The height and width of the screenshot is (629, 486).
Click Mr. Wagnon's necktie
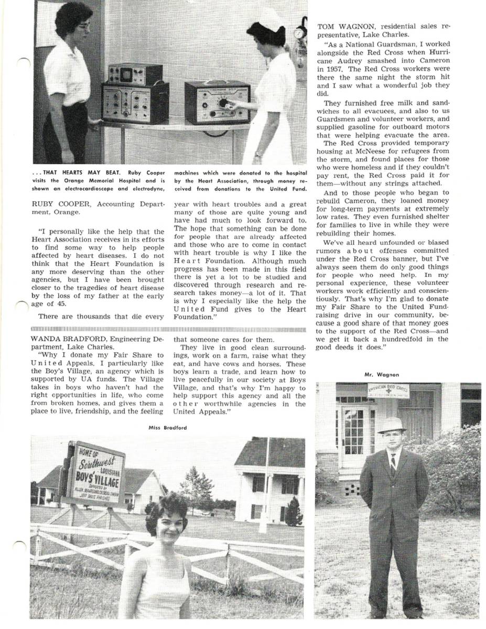[393, 464]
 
